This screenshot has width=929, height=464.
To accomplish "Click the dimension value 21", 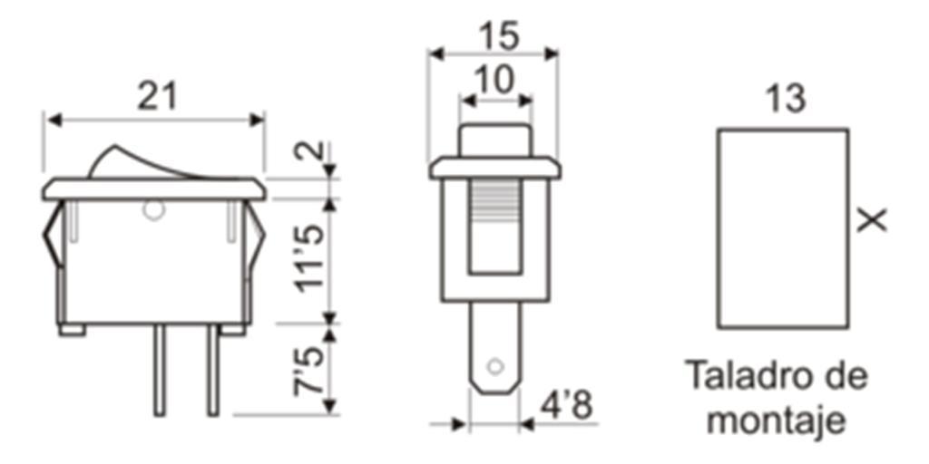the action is click(156, 96).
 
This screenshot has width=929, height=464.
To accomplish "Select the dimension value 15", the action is click(499, 36).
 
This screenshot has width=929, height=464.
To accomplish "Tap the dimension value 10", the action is click(495, 81).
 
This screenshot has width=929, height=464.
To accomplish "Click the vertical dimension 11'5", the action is click(310, 258).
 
